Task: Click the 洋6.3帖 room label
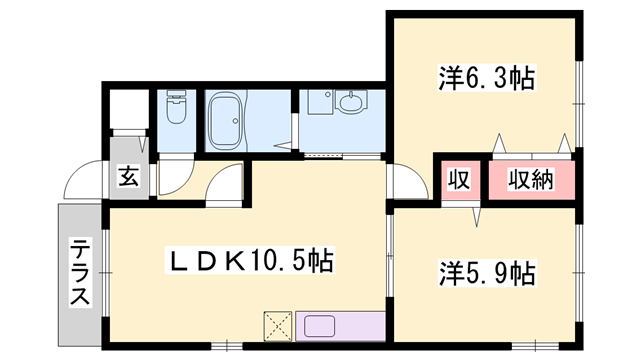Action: point(484,77)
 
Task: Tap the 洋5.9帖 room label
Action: point(486,271)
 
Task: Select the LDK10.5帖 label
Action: point(250,262)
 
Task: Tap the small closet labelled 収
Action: point(458,181)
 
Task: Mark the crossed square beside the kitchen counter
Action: point(277,326)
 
